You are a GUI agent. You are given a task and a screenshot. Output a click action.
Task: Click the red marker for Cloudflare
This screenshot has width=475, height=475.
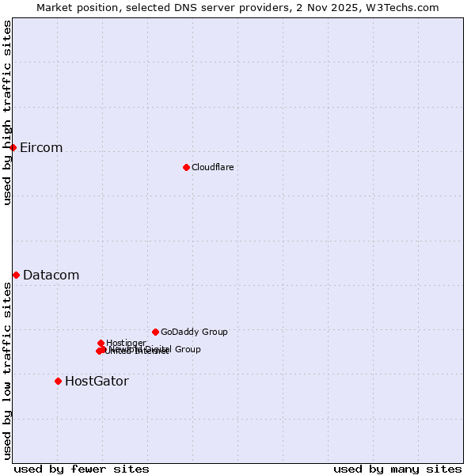pyautogui.click(x=186, y=167)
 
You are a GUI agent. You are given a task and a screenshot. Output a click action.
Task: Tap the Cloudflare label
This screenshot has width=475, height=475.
pyautogui.click(x=212, y=167)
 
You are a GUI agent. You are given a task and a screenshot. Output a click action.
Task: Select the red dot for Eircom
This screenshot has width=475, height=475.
pyautogui.click(x=13, y=147)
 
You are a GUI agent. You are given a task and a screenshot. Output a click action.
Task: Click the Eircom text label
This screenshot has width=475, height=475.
pyautogui.click(x=41, y=148)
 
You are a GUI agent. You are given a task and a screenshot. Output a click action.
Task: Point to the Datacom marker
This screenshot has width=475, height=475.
pyautogui.click(x=16, y=275)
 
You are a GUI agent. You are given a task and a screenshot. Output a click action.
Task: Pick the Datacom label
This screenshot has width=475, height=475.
pyautogui.click(x=51, y=275)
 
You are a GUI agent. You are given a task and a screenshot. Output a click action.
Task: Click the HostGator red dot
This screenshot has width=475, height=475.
pyautogui.click(x=58, y=381)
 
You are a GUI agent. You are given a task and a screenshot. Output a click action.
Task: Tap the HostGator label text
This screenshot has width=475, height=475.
pyautogui.click(x=97, y=382)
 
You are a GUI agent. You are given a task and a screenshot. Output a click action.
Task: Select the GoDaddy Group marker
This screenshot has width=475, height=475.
pyautogui.click(x=155, y=332)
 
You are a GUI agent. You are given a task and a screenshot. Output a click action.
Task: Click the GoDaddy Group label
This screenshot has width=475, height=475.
pyautogui.click(x=194, y=332)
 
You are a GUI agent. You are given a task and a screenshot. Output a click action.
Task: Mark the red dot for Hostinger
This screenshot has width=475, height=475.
pyautogui.click(x=101, y=343)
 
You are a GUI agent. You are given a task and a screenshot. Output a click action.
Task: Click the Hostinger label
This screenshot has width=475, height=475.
pyautogui.click(x=126, y=343)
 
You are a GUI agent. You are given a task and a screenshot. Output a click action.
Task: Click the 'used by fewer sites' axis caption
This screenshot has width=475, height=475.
pyautogui.click(x=82, y=469)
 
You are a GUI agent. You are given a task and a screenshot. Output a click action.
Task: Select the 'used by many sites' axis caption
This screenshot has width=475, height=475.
pyautogui.click(x=397, y=469)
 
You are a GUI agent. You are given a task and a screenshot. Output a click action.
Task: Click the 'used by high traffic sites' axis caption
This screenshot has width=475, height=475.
pyautogui.click(x=8, y=112)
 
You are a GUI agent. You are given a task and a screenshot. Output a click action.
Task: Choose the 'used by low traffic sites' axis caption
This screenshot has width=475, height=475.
pyautogui.click(x=8, y=370)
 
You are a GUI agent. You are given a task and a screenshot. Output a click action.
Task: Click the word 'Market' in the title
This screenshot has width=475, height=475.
pyautogui.click(x=55, y=8)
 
